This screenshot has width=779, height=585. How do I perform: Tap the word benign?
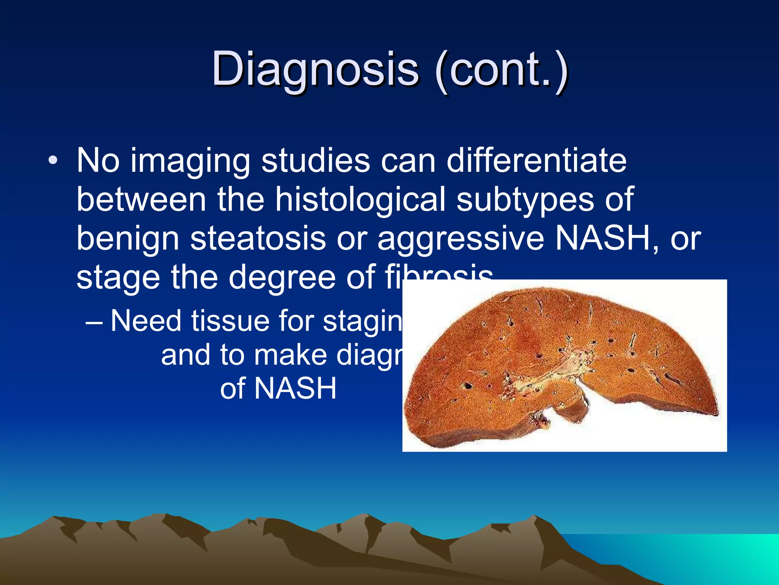pos(127,239)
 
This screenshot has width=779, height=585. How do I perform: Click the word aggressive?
pos(461,239)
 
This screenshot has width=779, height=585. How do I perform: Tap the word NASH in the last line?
pos(295,388)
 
